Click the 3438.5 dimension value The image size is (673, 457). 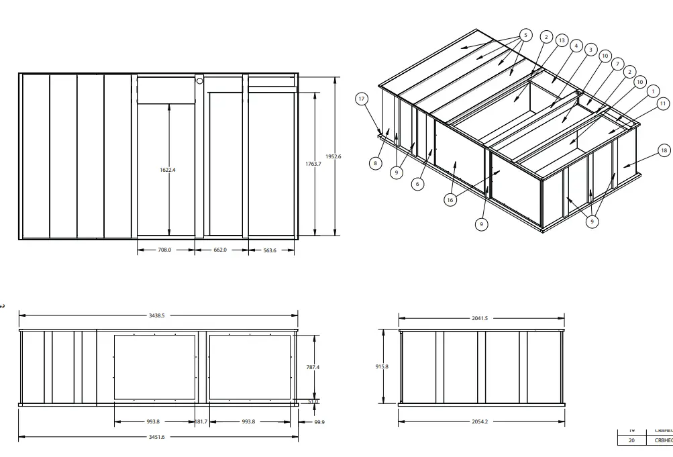pos(158,315)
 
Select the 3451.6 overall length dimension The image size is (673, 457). pos(158,437)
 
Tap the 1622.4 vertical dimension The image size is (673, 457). pos(168,170)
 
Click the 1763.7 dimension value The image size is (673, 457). pos(313,164)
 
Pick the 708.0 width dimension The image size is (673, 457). pos(165,250)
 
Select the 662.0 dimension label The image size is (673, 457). pos(220,250)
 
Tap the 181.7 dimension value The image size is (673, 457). pos(201,421)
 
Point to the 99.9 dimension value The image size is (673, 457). pos(319,422)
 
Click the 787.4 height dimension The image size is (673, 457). pos(313,367)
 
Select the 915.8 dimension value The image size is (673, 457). pos(382,366)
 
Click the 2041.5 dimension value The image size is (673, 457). pos(480,318)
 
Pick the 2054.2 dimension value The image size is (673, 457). pos(480,421)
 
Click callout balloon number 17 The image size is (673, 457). pos(362,99)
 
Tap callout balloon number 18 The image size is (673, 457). pos(664,150)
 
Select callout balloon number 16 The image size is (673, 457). pos(450,199)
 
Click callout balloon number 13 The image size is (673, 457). pos(562,40)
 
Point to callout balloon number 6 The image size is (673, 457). pos(417,184)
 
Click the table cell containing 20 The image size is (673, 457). pos(631,440)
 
